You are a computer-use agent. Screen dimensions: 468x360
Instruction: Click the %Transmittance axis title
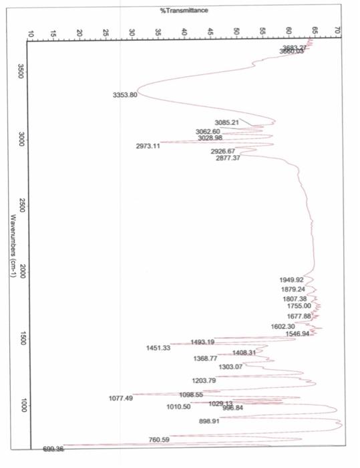coord(184,11)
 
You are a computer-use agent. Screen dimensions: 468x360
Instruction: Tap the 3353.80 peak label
coord(124,95)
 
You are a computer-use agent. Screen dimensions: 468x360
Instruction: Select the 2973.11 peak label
coord(148,145)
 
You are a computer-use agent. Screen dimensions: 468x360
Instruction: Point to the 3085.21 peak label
coord(227,122)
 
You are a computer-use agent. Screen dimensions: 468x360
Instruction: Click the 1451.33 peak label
coord(158,348)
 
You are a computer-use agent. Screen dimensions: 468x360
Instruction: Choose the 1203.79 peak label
coord(204,380)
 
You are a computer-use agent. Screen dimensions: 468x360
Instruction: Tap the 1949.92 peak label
coord(291,279)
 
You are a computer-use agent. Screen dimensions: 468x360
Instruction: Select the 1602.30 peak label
coord(283,326)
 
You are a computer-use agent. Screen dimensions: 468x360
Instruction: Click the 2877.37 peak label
coord(228,158)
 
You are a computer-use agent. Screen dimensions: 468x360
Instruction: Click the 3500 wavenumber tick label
coord(22,70)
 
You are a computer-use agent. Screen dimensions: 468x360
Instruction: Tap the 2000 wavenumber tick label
coord(22,271)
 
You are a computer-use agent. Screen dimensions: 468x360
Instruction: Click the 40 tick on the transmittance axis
coord(184,32)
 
